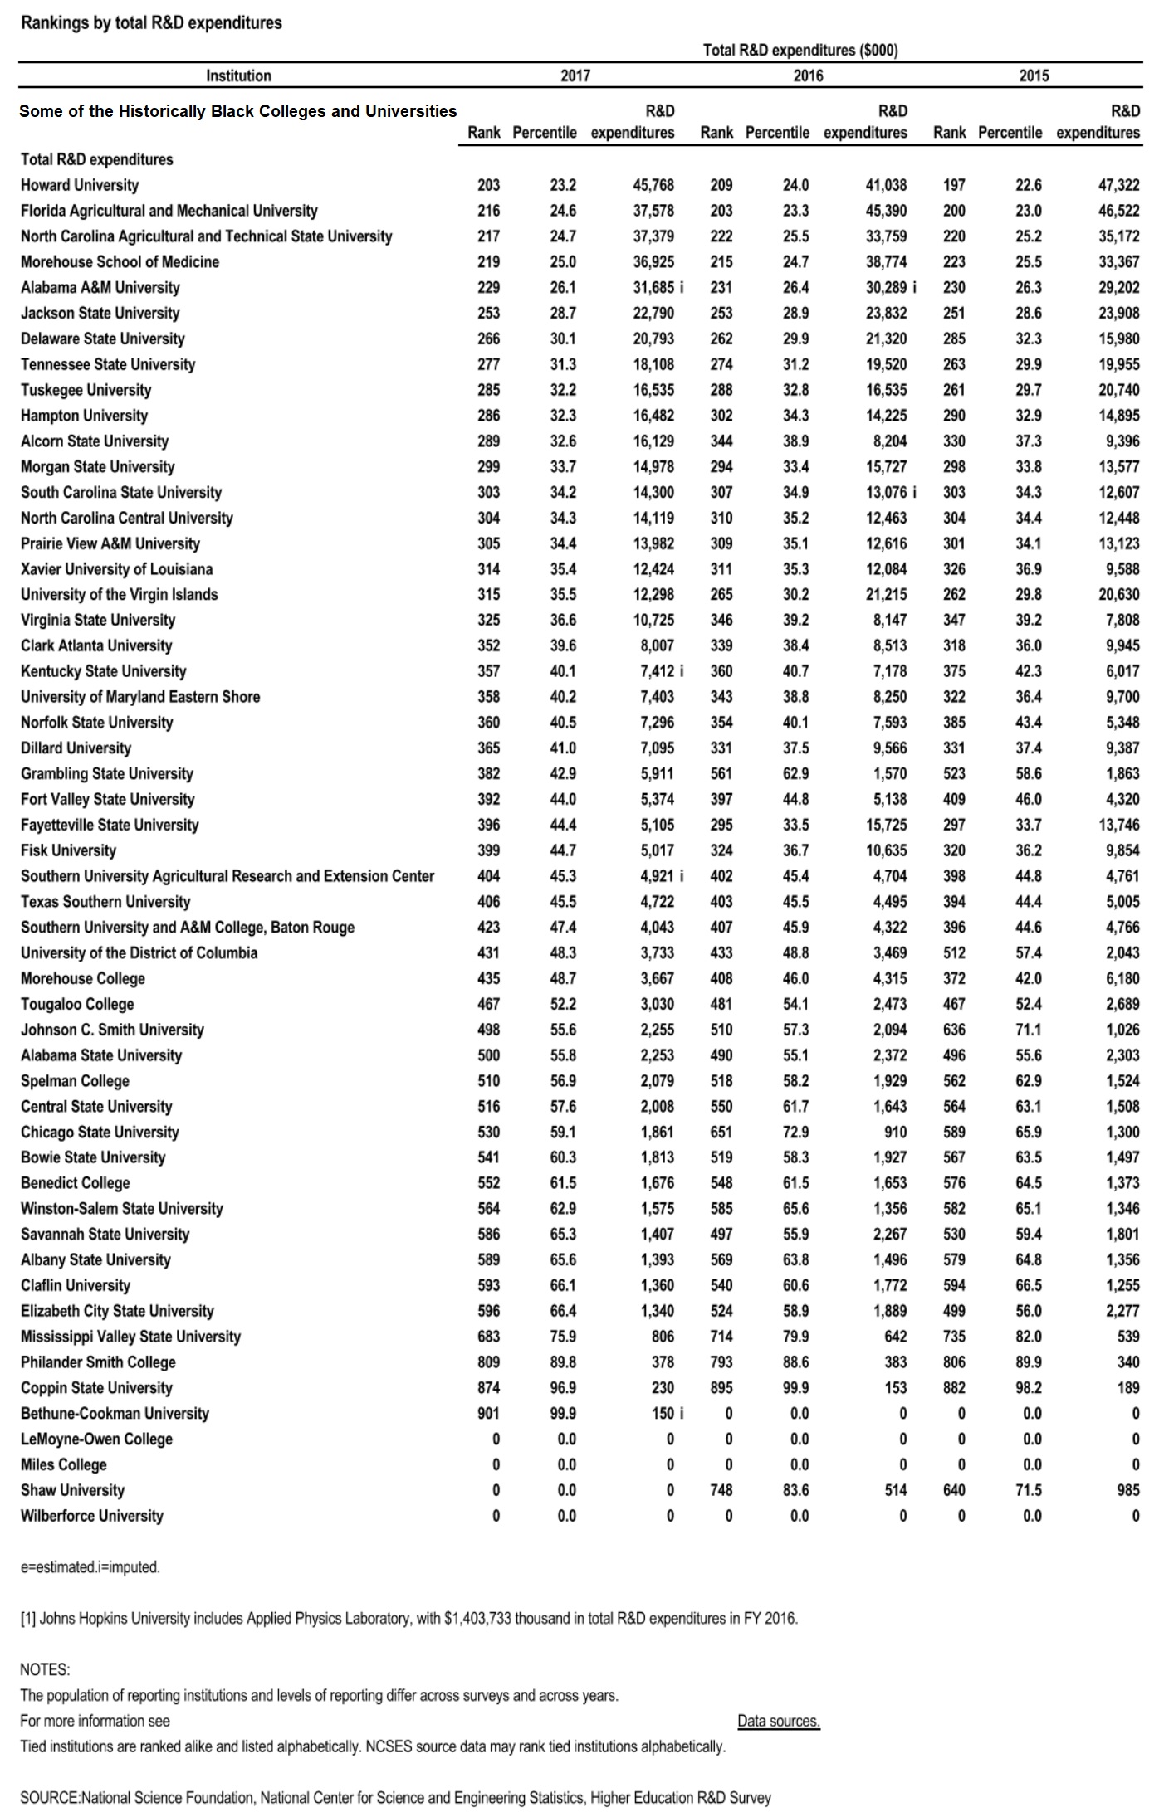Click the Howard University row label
click(x=80, y=185)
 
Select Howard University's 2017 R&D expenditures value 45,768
click(x=653, y=185)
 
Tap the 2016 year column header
click(x=808, y=76)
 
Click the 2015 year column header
click(x=1034, y=76)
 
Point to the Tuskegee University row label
click(x=86, y=390)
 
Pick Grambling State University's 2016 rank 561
click(x=721, y=773)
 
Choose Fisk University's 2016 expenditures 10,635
click(x=886, y=850)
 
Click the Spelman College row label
click(x=75, y=1081)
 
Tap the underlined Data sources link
click(x=778, y=1721)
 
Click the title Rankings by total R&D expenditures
click(x=151, y=23)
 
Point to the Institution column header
click(x=238, y=76)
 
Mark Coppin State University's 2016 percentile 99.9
click(x=795, y=1388)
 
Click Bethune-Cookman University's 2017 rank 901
click(x=488, y=1413)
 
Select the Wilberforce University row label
click(x=92, y=1516)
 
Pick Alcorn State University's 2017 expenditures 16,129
click(x=653, y=441)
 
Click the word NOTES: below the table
click(x=45, y=1669)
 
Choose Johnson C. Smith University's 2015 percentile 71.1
click(x=1029, y=1030)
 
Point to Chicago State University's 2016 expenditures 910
click(x=893, y=1133)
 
